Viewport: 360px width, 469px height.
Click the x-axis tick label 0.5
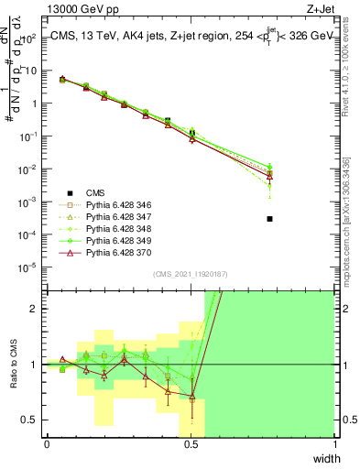tap(191, 444)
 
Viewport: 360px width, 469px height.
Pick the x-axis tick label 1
tap(335, 444)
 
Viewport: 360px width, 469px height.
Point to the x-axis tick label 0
tap(47, 444)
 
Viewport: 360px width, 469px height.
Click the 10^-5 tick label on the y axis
tap(27, 267)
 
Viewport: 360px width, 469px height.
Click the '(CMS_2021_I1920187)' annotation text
tap(191, 274)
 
